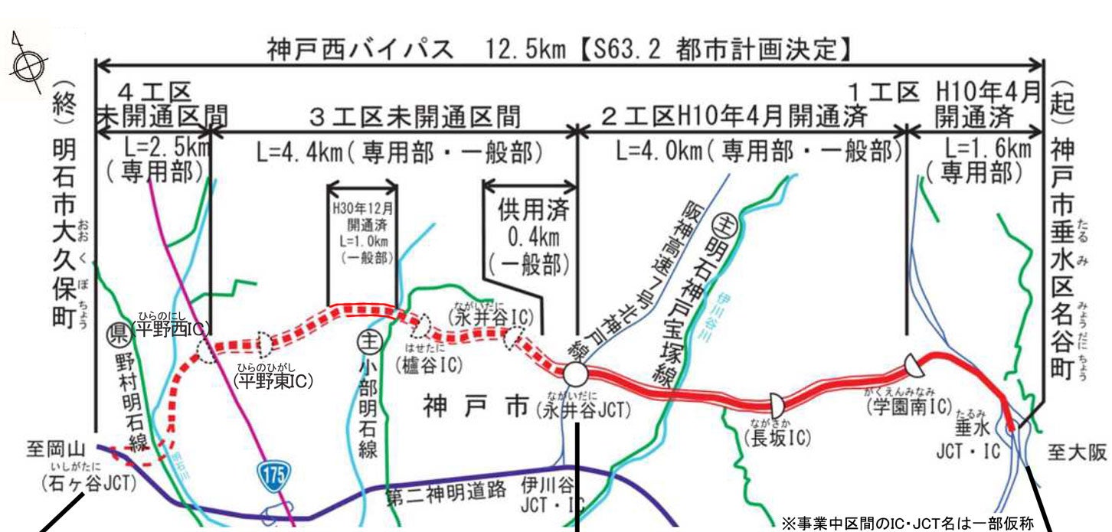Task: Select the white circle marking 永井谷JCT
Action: tap(575, 375)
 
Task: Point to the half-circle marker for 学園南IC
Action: tap(912, 366)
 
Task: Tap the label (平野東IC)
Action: tap(273, 380)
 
